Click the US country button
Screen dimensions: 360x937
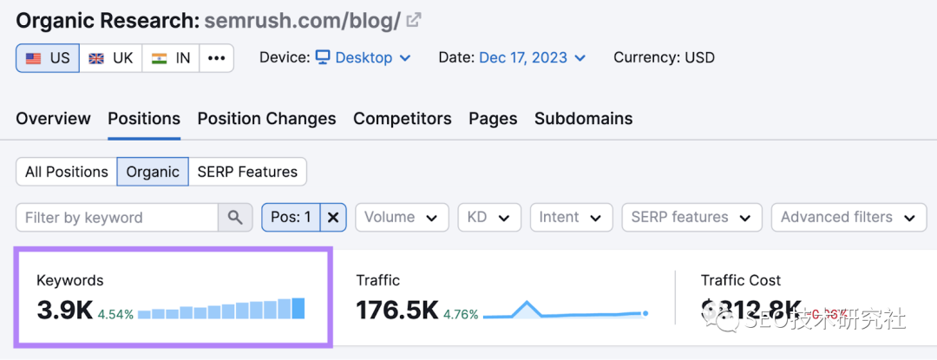tap(48, 58)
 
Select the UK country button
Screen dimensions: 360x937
tap(111, 58)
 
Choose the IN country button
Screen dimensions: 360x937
tap(171, 58)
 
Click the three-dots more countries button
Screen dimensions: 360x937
tap(216, 58)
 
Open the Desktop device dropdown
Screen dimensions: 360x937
tap(363, 58)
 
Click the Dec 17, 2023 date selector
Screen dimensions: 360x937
tap(532, 58)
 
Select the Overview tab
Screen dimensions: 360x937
tap(53, 119)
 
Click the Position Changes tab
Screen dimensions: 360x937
tap(266, 119)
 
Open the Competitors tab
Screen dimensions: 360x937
tap(402, 119)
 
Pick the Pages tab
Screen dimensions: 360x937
tap(493, 119)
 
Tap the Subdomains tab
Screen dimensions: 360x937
tap(583, 119)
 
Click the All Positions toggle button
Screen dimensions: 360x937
tap(67, 172)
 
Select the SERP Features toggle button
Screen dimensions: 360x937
tap(247, 172)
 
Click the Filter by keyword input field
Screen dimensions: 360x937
tap(117, 218)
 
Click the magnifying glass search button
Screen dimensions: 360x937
tap(235, 218)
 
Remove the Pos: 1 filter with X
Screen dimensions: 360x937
tap(333, 218)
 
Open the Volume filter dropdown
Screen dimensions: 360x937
tap(402, 218)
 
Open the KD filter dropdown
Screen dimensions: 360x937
tap(489, 218)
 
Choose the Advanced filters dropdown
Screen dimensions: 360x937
tap(847, 218)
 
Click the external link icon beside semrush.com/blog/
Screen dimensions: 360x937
tap(416, 20)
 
